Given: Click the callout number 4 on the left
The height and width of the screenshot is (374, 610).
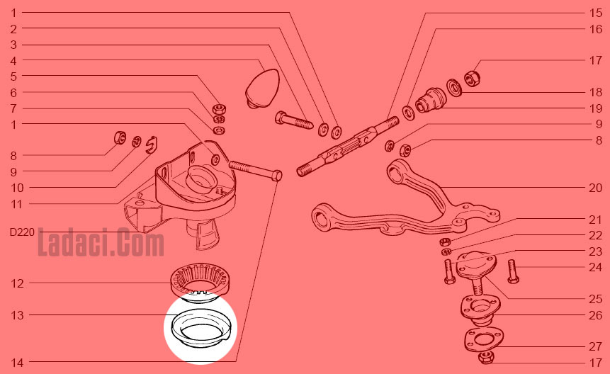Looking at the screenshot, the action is click(x=13, y=61).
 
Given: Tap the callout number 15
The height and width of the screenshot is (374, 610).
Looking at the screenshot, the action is click(x=595, y=13).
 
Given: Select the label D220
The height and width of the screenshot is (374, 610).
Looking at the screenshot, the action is click(x=22, y=232).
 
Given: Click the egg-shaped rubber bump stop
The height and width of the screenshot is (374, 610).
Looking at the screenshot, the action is click(x=263, y=88).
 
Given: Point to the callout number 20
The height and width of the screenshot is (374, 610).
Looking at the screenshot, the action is click(x=595, y=188).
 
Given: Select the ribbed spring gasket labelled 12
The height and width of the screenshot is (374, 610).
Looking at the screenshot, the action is click(x=200, y=279).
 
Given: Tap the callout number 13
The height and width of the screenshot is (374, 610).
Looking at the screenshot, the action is click(x=17, y=315).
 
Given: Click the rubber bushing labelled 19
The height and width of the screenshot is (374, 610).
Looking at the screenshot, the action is click(x=430, y=100).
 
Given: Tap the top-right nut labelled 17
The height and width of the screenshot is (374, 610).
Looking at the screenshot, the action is click(x=473, y=78).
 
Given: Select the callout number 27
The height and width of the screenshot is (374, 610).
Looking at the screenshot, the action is click(x=595, y=346).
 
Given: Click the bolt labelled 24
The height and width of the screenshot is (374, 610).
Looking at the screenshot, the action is click(x=513, y=271).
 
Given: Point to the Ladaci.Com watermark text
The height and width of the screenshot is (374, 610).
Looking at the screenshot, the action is click(x=101, y=243).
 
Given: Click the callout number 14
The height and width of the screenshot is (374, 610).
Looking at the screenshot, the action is click(x=17, y=363).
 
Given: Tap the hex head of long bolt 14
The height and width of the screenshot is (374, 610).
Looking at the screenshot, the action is click(x=276, y=176).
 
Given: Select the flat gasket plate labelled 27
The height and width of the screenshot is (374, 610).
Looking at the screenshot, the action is click(x=482, y=340).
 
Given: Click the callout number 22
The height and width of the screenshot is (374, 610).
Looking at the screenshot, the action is click(x=595, y=236).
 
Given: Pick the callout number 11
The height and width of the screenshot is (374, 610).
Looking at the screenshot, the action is click(x=17, y=205).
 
